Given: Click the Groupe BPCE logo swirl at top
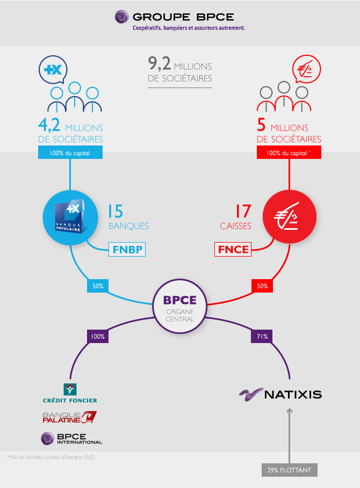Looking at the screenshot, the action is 121,17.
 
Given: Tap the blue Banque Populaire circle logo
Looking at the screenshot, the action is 70,217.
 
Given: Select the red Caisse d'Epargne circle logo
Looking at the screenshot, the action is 289,216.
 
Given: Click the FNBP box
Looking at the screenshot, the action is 127,249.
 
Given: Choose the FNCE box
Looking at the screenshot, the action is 233,249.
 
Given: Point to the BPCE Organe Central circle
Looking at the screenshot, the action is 179,306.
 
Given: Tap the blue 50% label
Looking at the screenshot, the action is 98,286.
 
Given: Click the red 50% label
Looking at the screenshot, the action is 262,286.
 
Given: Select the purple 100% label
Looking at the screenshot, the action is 98,337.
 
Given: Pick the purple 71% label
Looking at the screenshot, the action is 262,337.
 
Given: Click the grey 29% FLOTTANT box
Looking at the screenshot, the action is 289,470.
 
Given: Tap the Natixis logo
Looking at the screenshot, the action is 280,395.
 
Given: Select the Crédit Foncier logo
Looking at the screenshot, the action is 70,394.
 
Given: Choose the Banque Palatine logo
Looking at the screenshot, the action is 69,417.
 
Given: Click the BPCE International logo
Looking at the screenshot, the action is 71,439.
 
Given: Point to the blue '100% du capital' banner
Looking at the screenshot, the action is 70,153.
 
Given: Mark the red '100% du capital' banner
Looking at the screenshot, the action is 289,153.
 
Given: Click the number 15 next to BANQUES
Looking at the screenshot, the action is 116,212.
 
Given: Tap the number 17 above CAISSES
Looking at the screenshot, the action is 243,212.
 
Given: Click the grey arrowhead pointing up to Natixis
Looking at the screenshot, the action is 289,411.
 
